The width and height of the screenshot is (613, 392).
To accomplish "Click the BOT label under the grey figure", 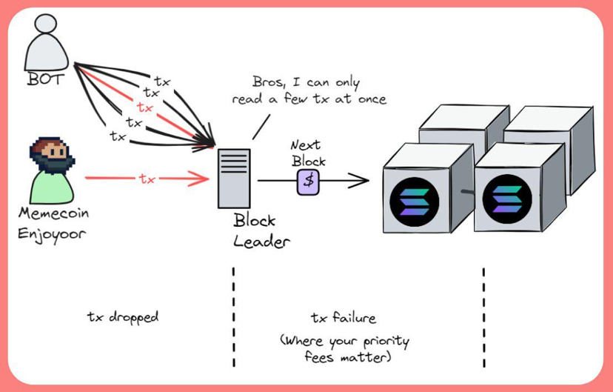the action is (x=45, y=79).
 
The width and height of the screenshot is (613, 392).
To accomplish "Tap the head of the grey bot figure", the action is (x=46, y=24).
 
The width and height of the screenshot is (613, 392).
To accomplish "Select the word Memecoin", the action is (x=53, y=213).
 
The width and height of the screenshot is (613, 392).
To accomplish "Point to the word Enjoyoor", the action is (x=52, y=235).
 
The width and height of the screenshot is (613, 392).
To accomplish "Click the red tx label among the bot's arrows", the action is (x=144, y=107).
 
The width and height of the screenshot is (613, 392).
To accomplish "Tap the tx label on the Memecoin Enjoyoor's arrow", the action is (x=147, y=179).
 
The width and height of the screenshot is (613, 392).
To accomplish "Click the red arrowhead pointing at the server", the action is (x=199, y=179).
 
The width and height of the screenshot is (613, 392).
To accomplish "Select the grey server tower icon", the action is (x=234, y=179).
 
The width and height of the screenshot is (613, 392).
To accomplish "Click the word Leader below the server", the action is (x=261, y=242).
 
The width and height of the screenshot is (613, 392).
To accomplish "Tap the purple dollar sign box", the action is (x=309, y=182).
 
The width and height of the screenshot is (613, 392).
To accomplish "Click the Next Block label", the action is (x=308, y=153).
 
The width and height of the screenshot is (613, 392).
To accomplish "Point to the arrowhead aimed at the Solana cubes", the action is (x=359, y=180).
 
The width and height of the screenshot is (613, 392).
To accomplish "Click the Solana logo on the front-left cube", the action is (x=415, y=202).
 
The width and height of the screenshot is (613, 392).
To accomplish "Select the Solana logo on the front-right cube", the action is (x=507, y=199).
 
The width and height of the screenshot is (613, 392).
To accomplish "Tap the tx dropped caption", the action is (x=123, y=316).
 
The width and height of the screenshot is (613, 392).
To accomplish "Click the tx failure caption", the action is (x=344, y=317).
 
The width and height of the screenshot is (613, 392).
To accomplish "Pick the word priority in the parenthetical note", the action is (x=386, y=342).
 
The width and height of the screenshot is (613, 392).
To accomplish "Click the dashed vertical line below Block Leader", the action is (x=234, y=317).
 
